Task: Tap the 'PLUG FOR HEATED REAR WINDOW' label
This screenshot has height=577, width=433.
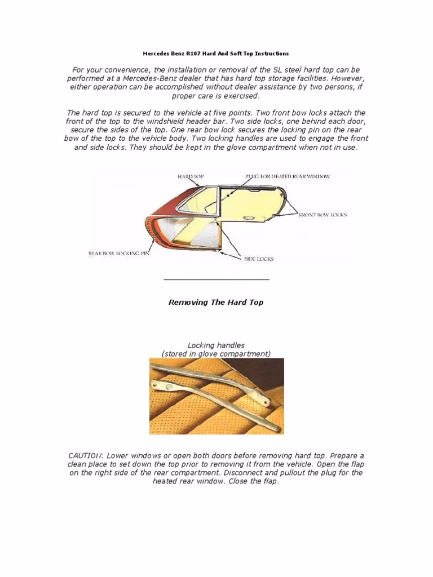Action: pos(288,176)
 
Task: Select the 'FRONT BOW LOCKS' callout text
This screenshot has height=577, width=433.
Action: pos(323,215)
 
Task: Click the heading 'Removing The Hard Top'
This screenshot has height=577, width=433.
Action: pos(216,302)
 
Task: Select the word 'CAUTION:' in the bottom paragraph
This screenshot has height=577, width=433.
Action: pos(86,455)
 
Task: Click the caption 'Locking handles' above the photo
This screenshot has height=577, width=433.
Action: pos(216,345)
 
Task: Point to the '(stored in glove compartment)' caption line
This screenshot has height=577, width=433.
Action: pos(216,354)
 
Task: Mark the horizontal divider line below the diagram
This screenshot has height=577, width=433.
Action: pos(216,279)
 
